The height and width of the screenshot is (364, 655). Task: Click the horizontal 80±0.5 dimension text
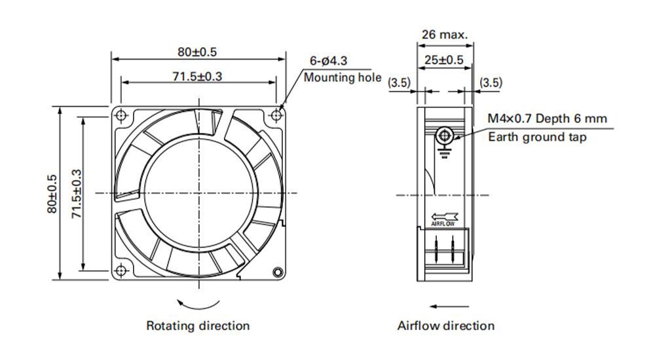tap(197, 52)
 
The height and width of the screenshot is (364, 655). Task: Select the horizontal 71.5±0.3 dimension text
tap(197, 77)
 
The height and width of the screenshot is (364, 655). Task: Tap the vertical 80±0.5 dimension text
tap(52, 194)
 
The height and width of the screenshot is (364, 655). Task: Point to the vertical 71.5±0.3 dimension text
tap(77, 194)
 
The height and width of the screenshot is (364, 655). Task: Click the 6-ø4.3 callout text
tap(328, 61)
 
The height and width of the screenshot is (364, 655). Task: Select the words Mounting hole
tap(343, 78)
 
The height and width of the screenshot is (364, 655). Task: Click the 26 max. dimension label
tap(445, 34)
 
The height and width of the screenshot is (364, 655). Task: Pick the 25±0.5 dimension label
tap(444, 60)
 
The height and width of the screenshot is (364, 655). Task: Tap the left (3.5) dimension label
tap(400, 82)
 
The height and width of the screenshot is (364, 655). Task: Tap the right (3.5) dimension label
tap(491, 82)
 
